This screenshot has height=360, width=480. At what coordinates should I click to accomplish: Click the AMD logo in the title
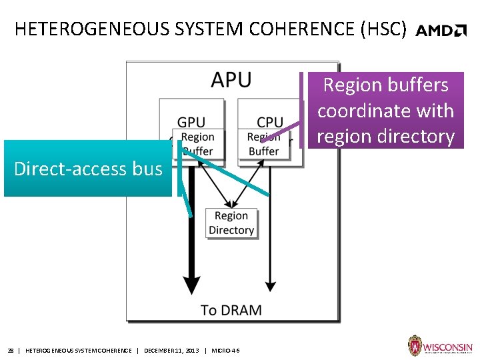tap(441, 30)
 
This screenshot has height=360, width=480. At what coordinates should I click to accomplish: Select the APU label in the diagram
tap(231, 80)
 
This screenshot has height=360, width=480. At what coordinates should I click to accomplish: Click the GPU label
tap(191, 122)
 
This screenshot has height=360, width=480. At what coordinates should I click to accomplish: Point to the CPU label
tap(269, 122)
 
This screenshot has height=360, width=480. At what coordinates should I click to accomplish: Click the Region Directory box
tap(231, 223)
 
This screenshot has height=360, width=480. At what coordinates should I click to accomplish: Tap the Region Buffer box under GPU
tap(198, 144)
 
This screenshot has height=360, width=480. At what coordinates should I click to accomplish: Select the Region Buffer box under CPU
tap(264, 144)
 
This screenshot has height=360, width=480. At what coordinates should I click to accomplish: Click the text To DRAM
tap(231, 310)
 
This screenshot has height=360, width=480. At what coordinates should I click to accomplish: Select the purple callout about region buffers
tap(385, 111)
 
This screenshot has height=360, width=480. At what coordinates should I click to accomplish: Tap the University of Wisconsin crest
tap(415, 346)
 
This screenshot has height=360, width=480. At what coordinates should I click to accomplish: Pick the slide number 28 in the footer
tap(11, 351)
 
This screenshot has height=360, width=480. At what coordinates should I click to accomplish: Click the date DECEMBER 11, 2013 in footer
tap(171, 351)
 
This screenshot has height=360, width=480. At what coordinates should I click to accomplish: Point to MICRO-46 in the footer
tap(225, 351)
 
